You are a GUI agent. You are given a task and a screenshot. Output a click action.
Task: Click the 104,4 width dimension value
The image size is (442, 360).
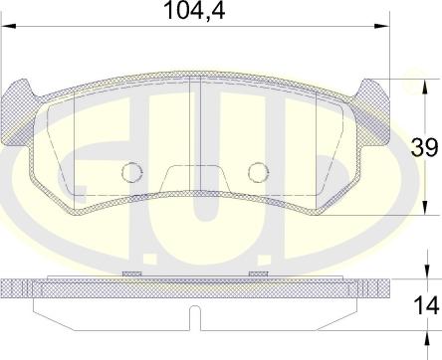[194, 10]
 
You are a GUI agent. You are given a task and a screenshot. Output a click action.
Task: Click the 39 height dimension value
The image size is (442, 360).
[424, 147]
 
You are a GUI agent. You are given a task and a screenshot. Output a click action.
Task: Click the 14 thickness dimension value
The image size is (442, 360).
[426, 306]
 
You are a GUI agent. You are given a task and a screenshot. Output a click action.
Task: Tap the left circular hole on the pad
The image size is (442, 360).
[132, 172]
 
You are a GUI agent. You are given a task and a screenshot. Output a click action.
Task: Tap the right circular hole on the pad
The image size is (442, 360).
[259, 172]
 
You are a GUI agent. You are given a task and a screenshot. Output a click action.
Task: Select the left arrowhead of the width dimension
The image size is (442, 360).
[9, 26]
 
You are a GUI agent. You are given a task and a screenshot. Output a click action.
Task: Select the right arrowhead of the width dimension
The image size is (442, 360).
[381, 26]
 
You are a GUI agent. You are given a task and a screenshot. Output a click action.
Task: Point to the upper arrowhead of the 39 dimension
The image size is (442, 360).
[425, 87]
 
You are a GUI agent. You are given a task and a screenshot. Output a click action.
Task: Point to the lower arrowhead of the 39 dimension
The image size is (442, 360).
[425, 208]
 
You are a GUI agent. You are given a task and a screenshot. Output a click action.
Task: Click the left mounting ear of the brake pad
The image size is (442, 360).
[18, 112]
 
